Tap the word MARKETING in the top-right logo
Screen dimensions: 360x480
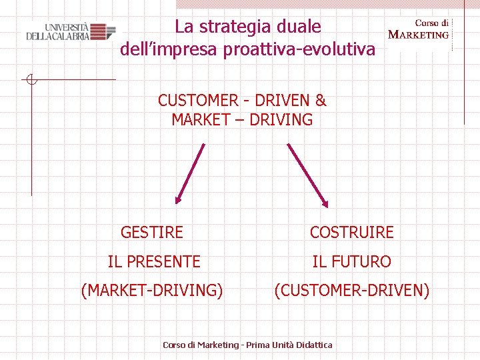click(x=419, y=35)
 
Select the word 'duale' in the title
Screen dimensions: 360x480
click(x=301, y=27)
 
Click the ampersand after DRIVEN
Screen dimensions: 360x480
click(x=321, y=101)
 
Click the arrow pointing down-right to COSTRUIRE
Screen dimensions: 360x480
click(x=307, y=175)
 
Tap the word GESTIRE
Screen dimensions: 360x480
click(x=152, y=233)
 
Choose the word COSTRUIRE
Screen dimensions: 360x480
click(x=352, y=233)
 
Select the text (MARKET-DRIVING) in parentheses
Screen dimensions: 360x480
click(x=152, y=291)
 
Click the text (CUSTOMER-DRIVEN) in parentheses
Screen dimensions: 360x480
click(x=352, y=291)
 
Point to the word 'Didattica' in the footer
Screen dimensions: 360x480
click(x=311, y=345)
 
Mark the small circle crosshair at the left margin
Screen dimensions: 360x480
click(x=31, y=81)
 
